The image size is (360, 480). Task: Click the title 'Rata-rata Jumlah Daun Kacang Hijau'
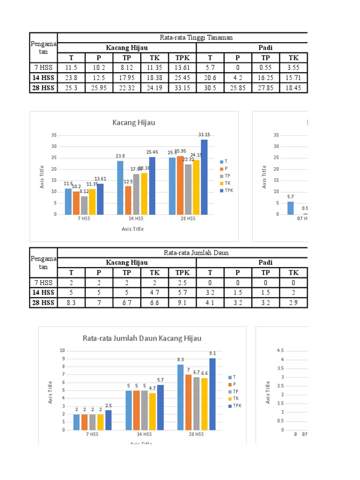(142, 338)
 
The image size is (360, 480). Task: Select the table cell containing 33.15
(182, 88)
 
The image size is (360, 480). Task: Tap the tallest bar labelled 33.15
(204, 177)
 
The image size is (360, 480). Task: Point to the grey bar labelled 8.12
(84, 205)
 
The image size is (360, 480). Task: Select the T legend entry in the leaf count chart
(232, 377)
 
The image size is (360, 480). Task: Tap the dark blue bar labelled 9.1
(213, 394)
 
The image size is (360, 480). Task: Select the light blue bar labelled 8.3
(181, 397)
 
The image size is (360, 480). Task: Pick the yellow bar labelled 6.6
(205, 404)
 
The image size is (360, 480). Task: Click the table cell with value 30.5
(210, 88)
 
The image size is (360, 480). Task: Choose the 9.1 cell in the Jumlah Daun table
(182, 303)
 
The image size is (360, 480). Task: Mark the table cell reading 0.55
(266, 67)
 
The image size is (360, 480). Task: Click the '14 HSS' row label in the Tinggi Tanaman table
(43, 78)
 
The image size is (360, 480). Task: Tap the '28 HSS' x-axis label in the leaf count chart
(196, 435)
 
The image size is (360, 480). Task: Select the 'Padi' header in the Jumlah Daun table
(265, 262)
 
